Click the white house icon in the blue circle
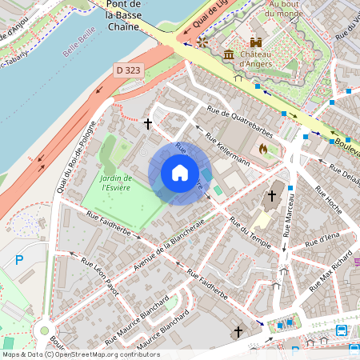tap(179, 172)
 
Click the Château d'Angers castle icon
tap(257, 42)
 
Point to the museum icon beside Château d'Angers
tap(230, 54)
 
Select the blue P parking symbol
tap(20, 261)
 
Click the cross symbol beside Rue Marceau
tap(271, 195)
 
